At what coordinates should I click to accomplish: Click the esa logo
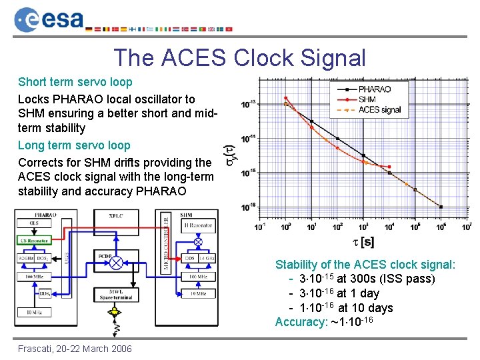49,19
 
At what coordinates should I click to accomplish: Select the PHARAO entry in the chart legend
374,89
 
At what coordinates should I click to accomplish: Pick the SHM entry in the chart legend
367,99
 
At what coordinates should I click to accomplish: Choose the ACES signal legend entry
379,109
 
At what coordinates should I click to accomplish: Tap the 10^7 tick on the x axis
467,227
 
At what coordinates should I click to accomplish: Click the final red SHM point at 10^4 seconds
389,167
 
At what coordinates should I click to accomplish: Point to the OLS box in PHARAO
34,223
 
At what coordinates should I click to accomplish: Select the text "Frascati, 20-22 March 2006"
75,349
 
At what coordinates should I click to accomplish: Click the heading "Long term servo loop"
74,145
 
